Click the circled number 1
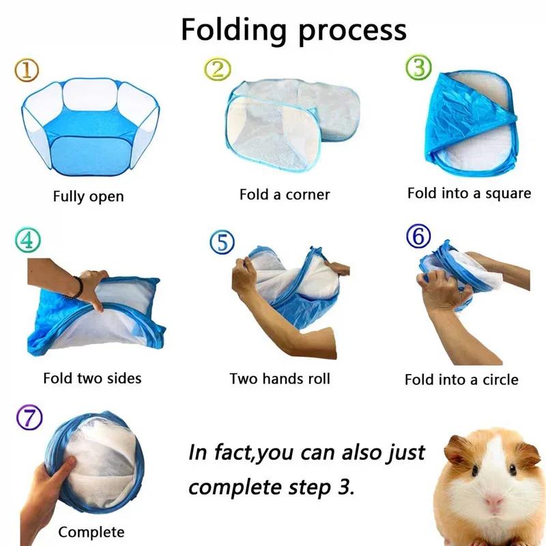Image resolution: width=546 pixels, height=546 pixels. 27,69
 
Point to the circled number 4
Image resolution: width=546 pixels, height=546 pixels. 27,240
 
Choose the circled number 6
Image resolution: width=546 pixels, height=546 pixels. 418,237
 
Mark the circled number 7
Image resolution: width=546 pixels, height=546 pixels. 29,417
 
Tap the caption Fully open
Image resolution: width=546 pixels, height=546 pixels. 89,197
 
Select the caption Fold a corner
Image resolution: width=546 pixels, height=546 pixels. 285,195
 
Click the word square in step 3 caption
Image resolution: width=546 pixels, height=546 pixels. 506,194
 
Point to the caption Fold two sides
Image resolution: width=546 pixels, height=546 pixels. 92,378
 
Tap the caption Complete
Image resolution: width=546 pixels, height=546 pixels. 91,532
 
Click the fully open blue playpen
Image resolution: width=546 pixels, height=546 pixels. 89,130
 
